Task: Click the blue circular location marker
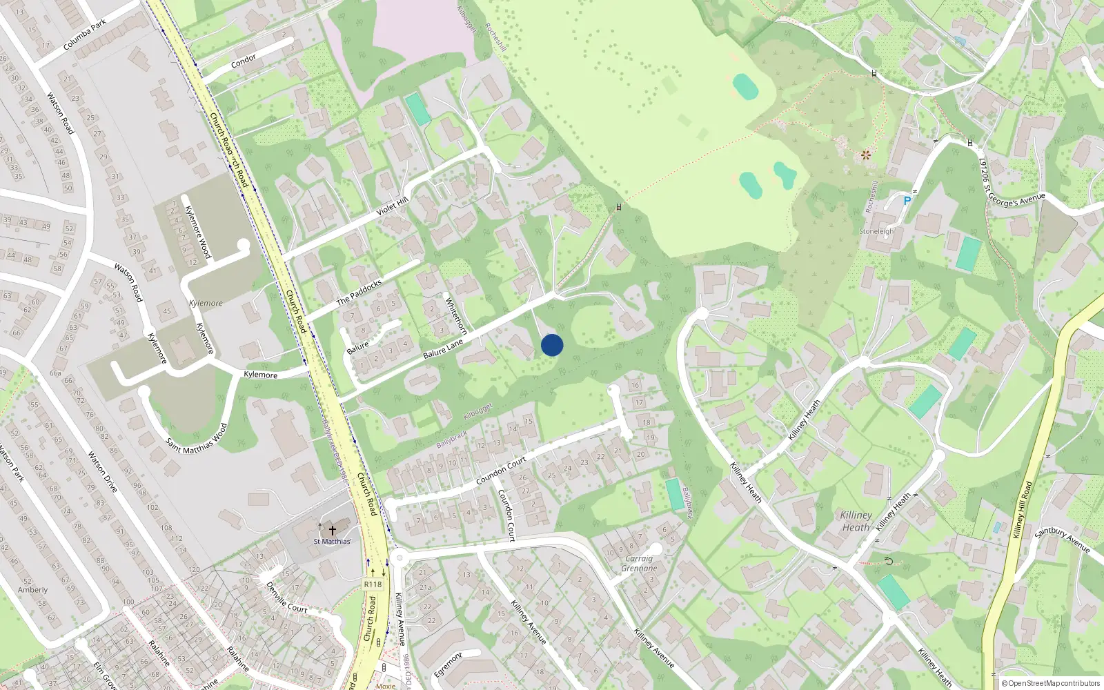pyautogui.click(x=552, y=345)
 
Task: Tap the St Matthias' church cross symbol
pyautogui.click(x=332, y=530)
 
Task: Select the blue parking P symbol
pyautogui.click(x=907, y=201)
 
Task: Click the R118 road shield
pyautogui.click(x=373, y=584)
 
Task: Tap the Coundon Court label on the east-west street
pyautogui.click(x=501, y=471)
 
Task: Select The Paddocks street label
pyautogui.click(x=359, y=293)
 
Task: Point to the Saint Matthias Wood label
pyautogui.click(x=197, y=437)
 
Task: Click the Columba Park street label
pyautogui.click(x=85, y=35)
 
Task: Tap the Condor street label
pyautogui.click(x=244, y=61)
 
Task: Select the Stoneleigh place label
pyautogui.click(x=876, y=232)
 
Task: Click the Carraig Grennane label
pyautogui.click(x=639, y=564)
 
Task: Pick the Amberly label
pyautogui.click(x=32, y=590)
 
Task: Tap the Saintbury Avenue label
pyautogui.click(x=1063, y=540)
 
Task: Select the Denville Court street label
pyautogui.click(x=287, y=598)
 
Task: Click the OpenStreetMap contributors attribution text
pyautogui.click(x=1051, y=683)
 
